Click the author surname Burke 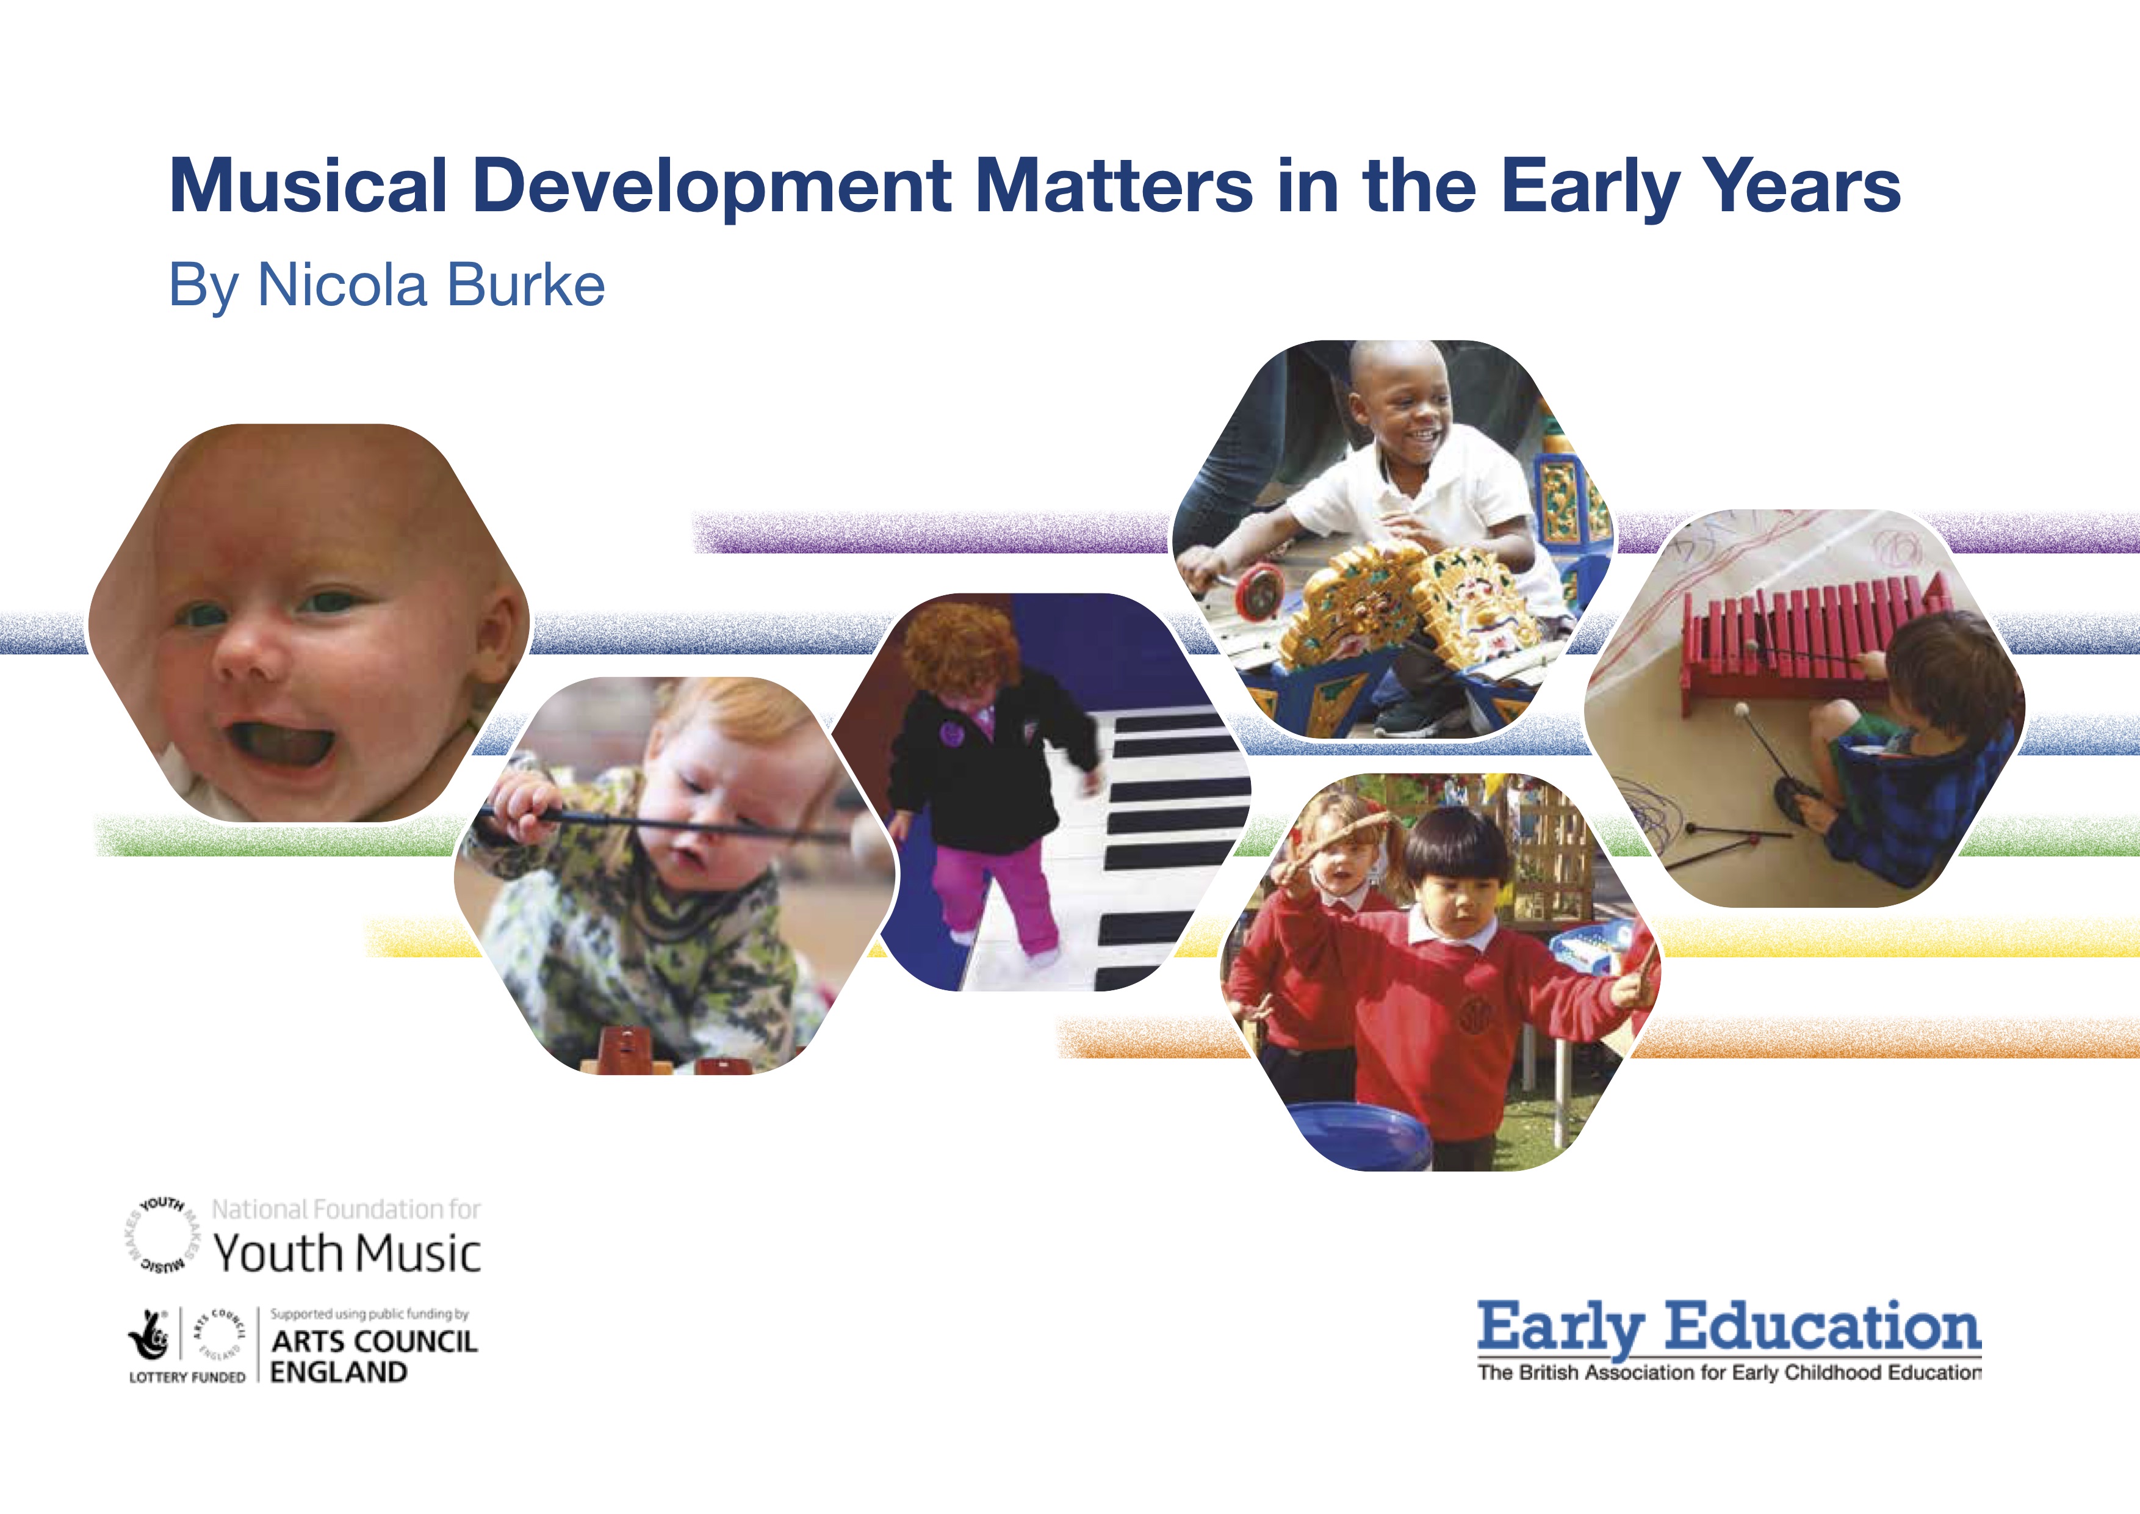[x=525, y=284]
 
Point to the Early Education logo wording [x=1729, y=1328]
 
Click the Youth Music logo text [x=347, y=1252]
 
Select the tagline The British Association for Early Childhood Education [x=1729, y=1372]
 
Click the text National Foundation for [x=346, y=1209]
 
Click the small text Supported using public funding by [x=369, y=1314]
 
